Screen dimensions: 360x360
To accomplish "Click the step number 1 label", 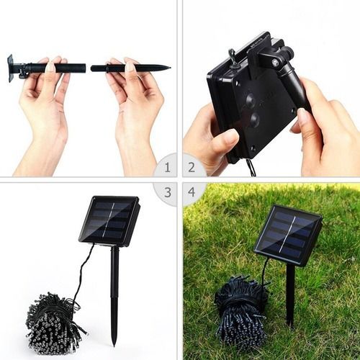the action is (x=167, y=167).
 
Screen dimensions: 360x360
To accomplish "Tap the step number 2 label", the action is (x=192, y=167).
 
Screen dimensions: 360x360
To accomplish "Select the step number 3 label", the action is (x=168, y=192).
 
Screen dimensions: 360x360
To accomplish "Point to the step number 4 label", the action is (x=192, y=192).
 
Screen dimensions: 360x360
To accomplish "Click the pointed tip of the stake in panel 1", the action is (x=170, y=68).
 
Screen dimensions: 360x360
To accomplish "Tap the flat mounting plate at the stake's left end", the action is (x=10, y=68).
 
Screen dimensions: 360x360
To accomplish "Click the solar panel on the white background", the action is (x=109, y=221).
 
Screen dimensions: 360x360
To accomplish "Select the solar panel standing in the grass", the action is (x=288, y=235).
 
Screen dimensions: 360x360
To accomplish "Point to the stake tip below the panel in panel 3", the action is (x=114, y=344).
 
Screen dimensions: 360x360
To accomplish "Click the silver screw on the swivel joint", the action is (x=275, y=63).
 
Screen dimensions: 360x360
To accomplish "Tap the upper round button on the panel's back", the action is (x=251, y=99).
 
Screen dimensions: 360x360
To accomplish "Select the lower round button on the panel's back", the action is (x=254, y=119).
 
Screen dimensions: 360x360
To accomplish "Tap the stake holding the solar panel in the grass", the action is (x=290, y=295).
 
